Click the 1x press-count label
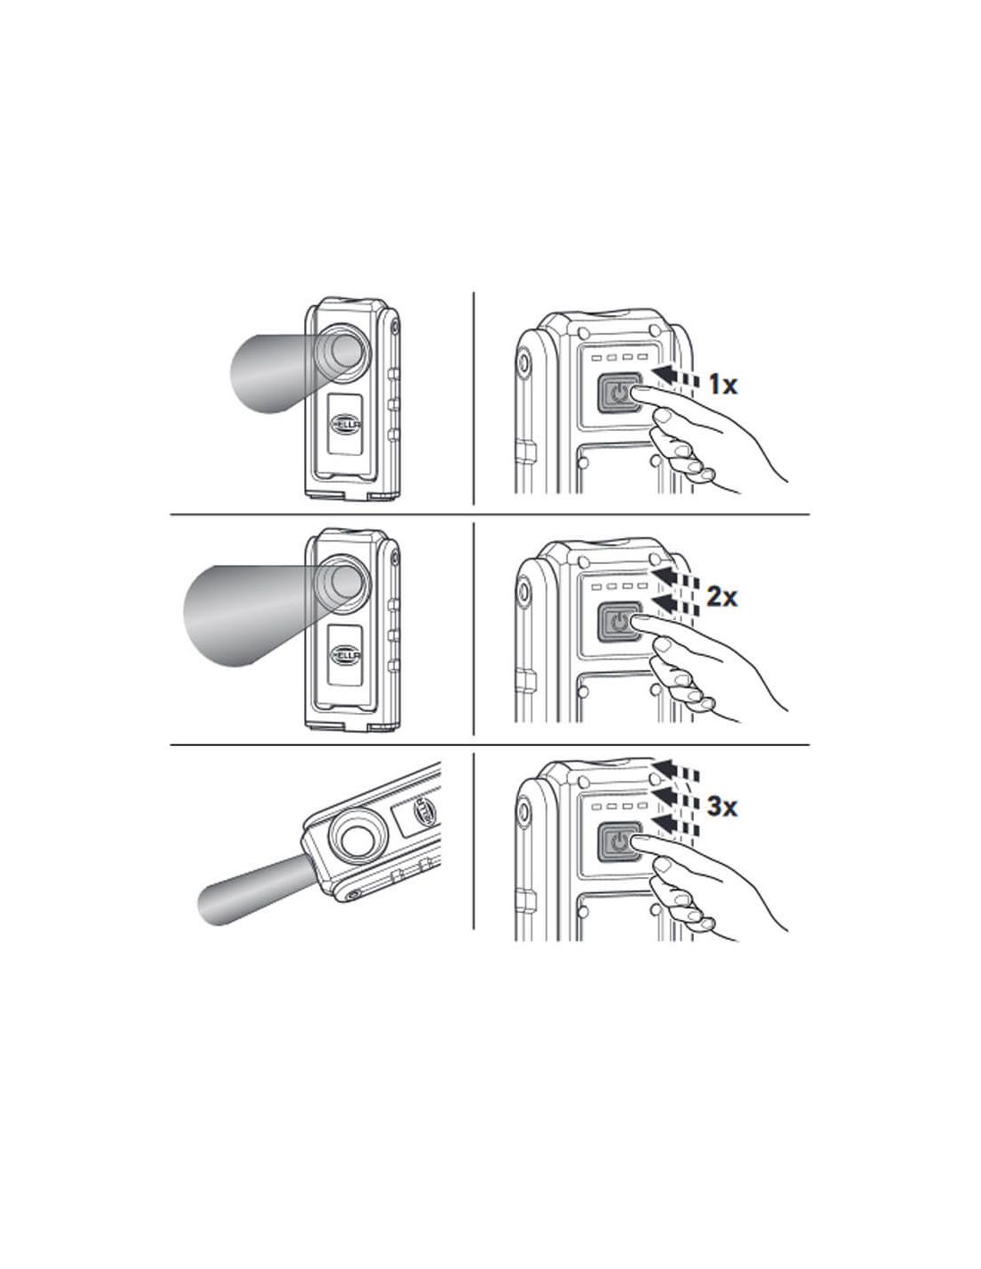[722, 385]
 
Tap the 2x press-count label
[721, 597]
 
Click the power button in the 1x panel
[620, 394]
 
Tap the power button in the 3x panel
[620, 841]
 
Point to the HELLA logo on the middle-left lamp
[345, 654]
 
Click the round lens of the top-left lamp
[342, 352]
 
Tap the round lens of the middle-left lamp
[342, 581]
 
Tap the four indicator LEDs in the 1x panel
[619, 357]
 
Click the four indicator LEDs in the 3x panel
[619, 806]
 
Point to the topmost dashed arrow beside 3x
[675, 769]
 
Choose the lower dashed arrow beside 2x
[675, 604]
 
